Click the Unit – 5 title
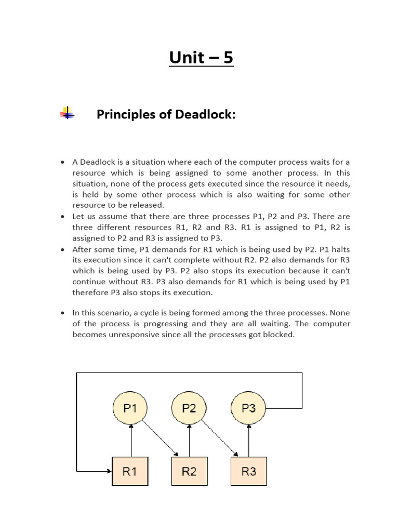[201, 57]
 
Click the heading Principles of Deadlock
[166, 114]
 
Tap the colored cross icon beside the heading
[67, 113]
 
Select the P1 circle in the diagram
[130, 408]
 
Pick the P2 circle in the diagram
[189, 408]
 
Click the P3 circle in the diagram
[249, 408]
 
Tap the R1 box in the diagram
[130, 471]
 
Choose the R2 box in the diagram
[189, 471]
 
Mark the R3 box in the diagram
[249, 471]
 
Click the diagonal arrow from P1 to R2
[159, 437]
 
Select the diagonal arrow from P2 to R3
[219, 437]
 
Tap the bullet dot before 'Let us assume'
[63, 216]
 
